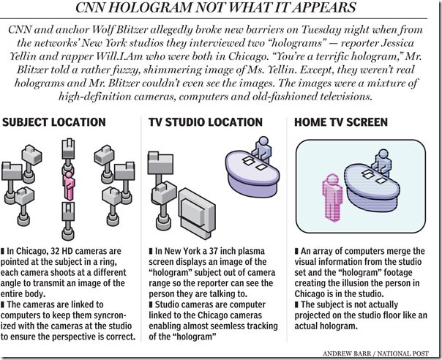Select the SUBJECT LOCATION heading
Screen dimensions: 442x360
pyautogui.click(x=54, y=122)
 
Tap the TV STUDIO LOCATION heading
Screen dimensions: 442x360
pyautogui.click(x=206, y=122)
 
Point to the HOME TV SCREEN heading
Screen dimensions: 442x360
pyautogui.click(x=341, y=122)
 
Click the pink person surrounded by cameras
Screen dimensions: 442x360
pyautogui.click(x=68, y=185)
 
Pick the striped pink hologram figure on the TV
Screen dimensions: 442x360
pyautogui.click(x=333, y=198)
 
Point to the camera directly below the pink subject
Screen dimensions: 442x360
pyautogui.click(x=68, y=221)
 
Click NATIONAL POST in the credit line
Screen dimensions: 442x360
pyautogui.click(x=403, y=353)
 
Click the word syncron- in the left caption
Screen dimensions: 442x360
pyautogui.click(x=108, y=315)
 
